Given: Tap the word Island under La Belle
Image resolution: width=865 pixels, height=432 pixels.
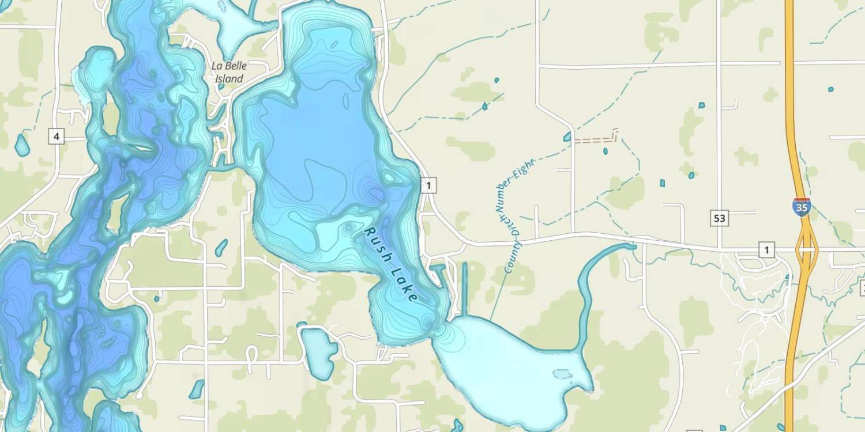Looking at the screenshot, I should [x=230, y=78].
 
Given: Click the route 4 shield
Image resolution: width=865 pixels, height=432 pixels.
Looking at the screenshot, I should [x=56, y=137].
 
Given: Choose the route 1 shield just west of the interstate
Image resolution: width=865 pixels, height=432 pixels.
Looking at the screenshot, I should [x=767, y=249].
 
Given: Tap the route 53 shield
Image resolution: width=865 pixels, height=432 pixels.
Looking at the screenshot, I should [x=719, y=218].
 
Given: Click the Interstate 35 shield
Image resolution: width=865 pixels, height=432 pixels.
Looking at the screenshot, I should [x=802, y=207].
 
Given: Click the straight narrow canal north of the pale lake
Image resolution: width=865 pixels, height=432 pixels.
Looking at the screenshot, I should [x=464, y=288].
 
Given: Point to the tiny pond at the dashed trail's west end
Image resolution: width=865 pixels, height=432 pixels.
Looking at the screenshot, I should [x=568, y=137].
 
